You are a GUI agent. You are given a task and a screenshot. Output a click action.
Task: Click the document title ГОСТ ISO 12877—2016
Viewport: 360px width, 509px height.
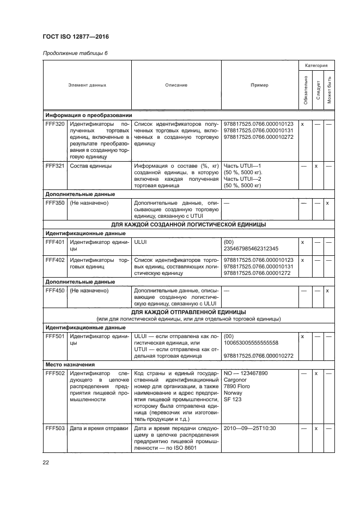[x=80, y=37]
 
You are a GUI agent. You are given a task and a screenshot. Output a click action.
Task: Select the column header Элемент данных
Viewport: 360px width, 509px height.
[x=87, y=85]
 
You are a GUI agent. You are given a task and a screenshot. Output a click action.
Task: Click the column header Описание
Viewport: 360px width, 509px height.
[x=176, y=85]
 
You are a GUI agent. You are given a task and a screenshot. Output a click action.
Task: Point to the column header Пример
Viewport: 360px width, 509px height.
[x=259, y=85]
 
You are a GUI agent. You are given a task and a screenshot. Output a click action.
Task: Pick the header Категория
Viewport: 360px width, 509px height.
[x=316, y=65]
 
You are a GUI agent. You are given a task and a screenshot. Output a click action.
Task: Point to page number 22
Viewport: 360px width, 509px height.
[x=46, y=463]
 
